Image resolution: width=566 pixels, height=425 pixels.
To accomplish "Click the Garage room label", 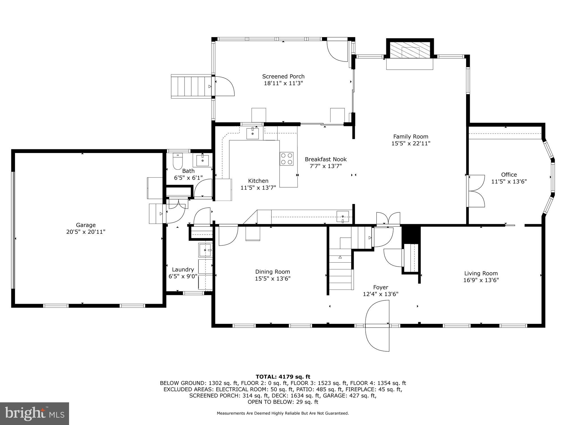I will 86,225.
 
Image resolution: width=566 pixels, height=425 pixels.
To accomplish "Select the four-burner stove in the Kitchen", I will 287,159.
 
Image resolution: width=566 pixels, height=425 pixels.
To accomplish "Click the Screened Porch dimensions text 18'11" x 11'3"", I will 283,83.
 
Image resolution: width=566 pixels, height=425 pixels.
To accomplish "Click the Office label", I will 509,175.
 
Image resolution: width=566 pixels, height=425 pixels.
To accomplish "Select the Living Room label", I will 481,273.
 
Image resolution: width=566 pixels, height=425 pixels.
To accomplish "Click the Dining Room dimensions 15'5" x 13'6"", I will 273,279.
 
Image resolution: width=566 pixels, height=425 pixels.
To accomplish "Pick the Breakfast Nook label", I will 326,160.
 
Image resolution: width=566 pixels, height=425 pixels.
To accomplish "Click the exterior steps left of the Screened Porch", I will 191,86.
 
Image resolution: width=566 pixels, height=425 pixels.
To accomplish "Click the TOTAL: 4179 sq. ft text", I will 283,377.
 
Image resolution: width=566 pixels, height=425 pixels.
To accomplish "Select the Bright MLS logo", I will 35,414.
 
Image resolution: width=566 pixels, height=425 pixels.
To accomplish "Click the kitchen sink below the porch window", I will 252,133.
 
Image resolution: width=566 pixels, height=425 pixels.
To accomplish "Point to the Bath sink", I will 203,160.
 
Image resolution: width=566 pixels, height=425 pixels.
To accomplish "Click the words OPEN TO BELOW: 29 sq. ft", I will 283,402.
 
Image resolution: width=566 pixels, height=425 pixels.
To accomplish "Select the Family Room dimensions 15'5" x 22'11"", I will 411,143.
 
